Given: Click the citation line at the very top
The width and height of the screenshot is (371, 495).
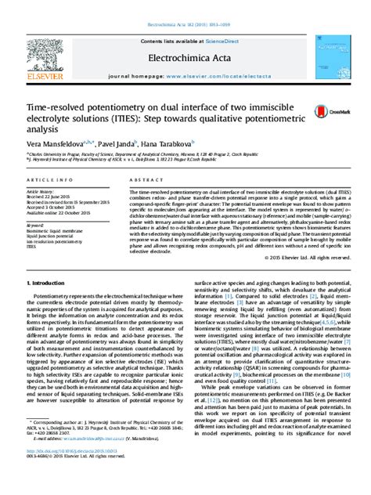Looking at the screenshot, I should (x=185, y=4).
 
